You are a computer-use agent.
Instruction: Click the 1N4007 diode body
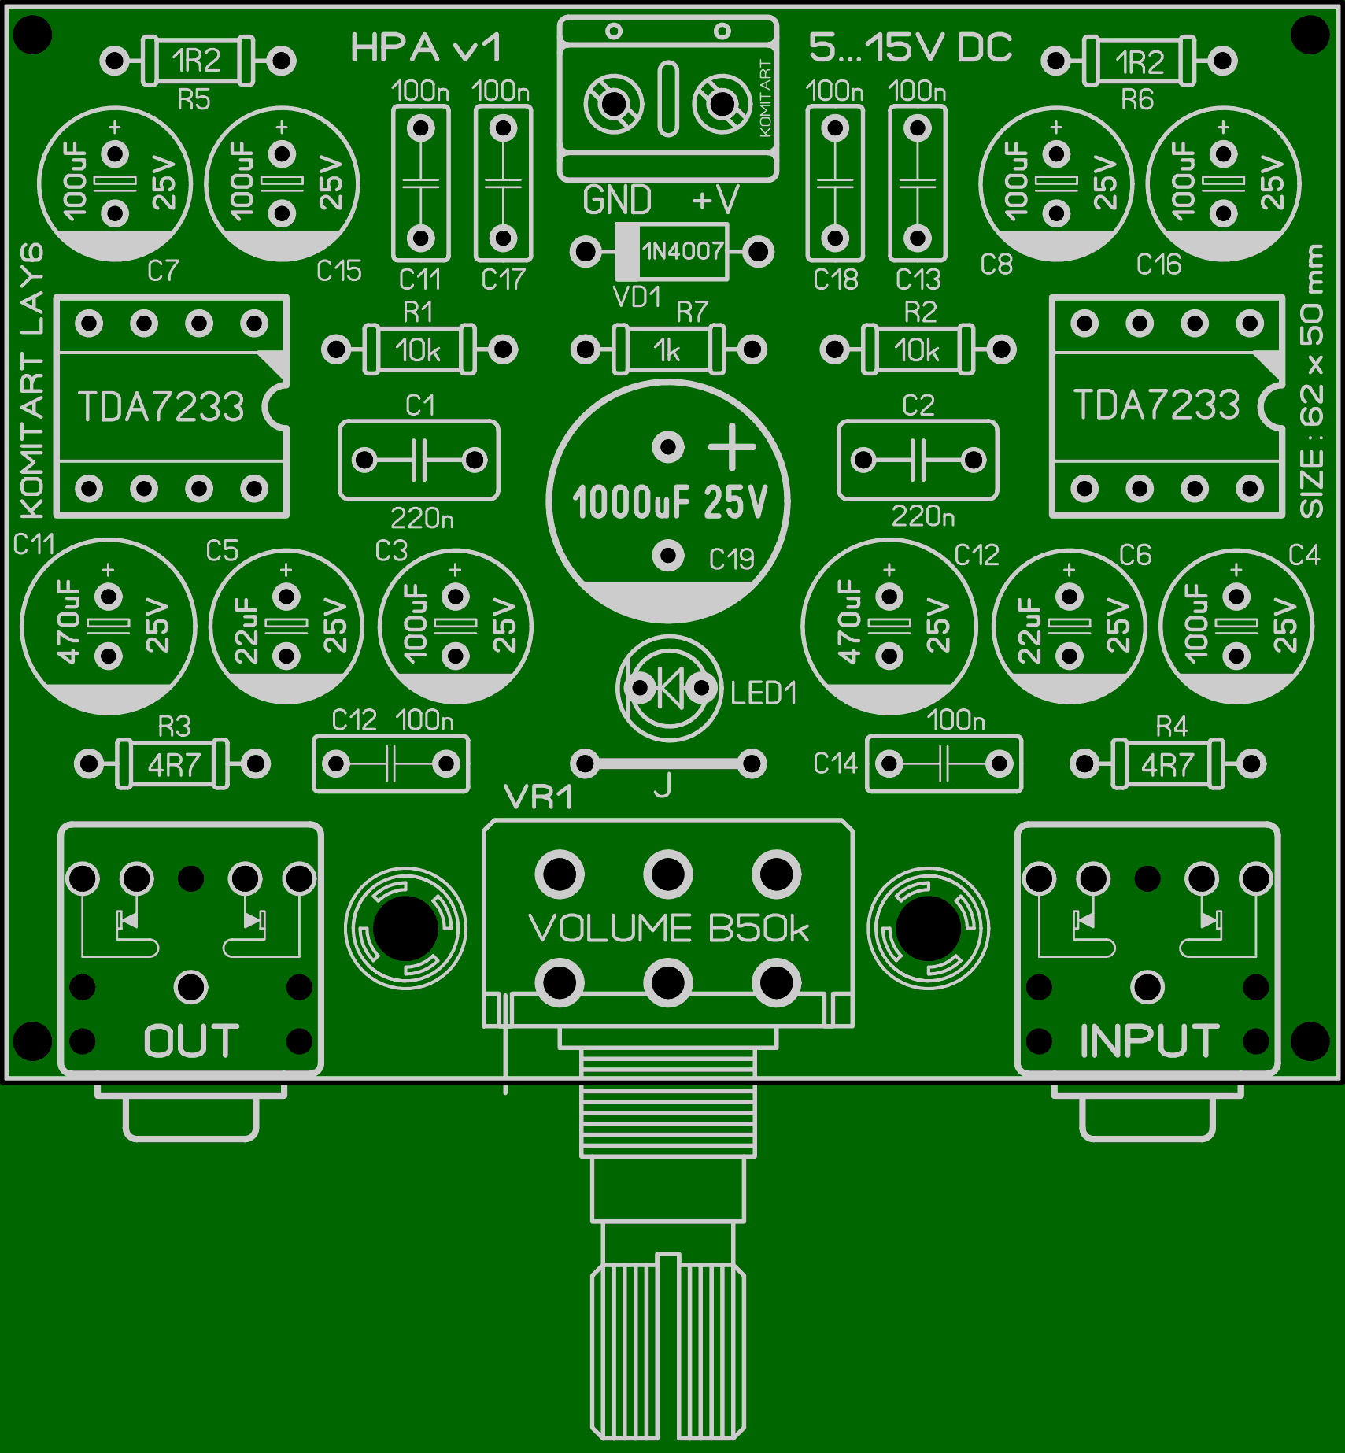[673, 252]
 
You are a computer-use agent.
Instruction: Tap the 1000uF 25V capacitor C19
[668, 501]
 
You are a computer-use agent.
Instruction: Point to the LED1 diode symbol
[670, 690]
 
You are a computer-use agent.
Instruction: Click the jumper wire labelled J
[668, 763]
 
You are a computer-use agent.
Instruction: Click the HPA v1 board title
[425, 49]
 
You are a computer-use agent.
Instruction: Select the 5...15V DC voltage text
[911, 49]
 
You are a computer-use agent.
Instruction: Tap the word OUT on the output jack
[191, 1041]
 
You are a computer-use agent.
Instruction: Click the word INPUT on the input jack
[1149, 1041]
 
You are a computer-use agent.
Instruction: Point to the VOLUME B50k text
[669, 929]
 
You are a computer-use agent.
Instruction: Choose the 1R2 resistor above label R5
[198, 61]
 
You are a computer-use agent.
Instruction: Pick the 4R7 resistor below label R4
[1168, 763]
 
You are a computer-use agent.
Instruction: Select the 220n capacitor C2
[918, 460]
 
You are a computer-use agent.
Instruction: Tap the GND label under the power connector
[617, 201]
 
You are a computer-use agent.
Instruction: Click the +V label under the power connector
[715, 201]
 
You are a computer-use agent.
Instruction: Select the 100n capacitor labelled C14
[944, 763]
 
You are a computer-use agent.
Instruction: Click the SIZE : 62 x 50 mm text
[1312, 382]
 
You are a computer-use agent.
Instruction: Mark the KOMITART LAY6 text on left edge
[31, 382]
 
